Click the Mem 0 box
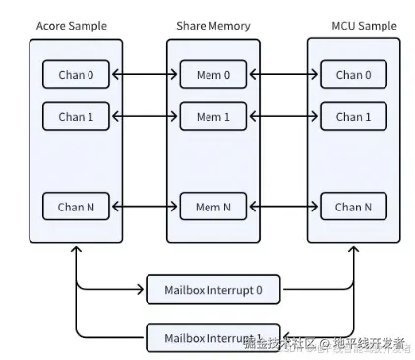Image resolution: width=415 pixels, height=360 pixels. coord(213,74)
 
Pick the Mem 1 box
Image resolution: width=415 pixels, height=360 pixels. coord(213,117)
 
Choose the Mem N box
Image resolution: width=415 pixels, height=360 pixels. coord(213,207)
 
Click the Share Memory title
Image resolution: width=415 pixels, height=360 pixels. coord(213,24)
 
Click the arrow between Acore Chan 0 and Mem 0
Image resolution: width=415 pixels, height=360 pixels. coord(146,74)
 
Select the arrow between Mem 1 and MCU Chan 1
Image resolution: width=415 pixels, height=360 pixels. coord(283,117)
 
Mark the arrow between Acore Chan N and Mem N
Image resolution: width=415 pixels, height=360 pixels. coord(146,207)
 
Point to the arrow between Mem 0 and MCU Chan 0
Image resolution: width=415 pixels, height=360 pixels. coord(283,74)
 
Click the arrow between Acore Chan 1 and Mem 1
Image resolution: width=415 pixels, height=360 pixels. coord(146,117)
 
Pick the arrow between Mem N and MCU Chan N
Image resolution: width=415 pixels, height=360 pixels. coord(283,207)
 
